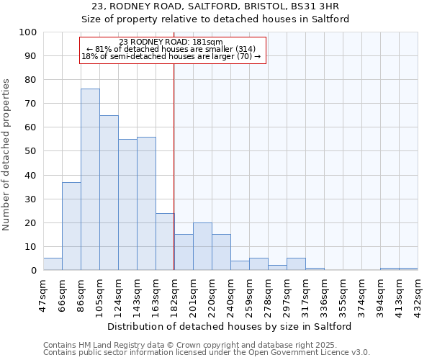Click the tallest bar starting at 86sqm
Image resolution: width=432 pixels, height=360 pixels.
click(x=90, y=179)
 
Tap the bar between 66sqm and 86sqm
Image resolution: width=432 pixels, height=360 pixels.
click(x=71, y=226)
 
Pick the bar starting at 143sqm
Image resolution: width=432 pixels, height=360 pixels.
click(x=146, y=203)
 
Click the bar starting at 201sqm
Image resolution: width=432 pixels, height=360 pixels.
click(x=202, y=246)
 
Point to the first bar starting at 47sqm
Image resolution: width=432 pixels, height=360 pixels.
click(x=53, y=264)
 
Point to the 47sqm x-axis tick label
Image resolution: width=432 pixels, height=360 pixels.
click(x=43, y=293)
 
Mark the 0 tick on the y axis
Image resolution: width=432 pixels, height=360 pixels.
click(x=34, y=270)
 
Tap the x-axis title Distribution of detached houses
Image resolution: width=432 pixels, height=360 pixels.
click(x=230, y=326)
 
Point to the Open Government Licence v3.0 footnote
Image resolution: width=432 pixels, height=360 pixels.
click(x=207, y=353)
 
